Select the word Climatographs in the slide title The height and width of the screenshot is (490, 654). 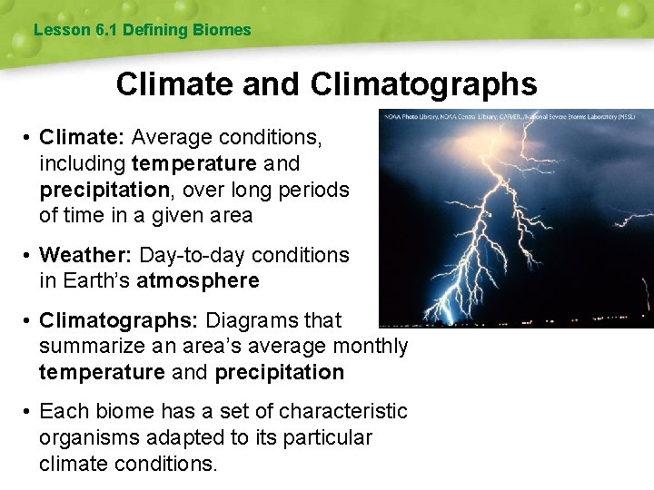[423, 84]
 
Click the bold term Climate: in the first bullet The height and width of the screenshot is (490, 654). [83, 138]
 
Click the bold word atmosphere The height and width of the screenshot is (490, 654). [197, 281]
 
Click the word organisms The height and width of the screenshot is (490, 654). [87, 438]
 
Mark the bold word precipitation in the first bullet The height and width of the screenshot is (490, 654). [104, 190]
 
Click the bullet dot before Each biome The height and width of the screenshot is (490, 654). [28, 412]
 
